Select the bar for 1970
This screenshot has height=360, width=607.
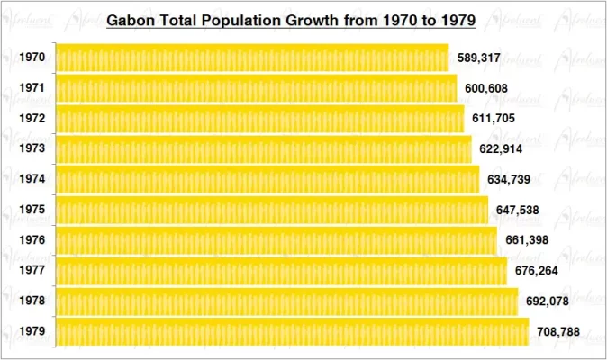click(x=252, y=58)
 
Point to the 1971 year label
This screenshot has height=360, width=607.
click(x=32, y=88)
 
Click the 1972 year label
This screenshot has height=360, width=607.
click(x=32, y=119)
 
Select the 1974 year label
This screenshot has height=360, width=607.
click(x=32, y=179)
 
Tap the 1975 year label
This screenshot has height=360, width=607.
click(x=32, y=210)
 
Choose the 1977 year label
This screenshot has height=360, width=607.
click(x=32, y=271)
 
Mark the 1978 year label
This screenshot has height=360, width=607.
click(x=32, y=301)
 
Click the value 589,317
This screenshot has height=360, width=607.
click(x=479, y=58)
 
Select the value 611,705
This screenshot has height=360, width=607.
click(x=494, y=119)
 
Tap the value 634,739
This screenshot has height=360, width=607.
click(x=509, y=179)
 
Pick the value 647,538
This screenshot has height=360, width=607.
click(x=517, y=210)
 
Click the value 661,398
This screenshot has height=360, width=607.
click(x=526, y=240)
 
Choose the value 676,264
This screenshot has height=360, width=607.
click(x=536, y=271)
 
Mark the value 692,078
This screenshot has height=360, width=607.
click(x=547, y=301)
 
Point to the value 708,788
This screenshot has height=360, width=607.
click(x=558, y=332)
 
